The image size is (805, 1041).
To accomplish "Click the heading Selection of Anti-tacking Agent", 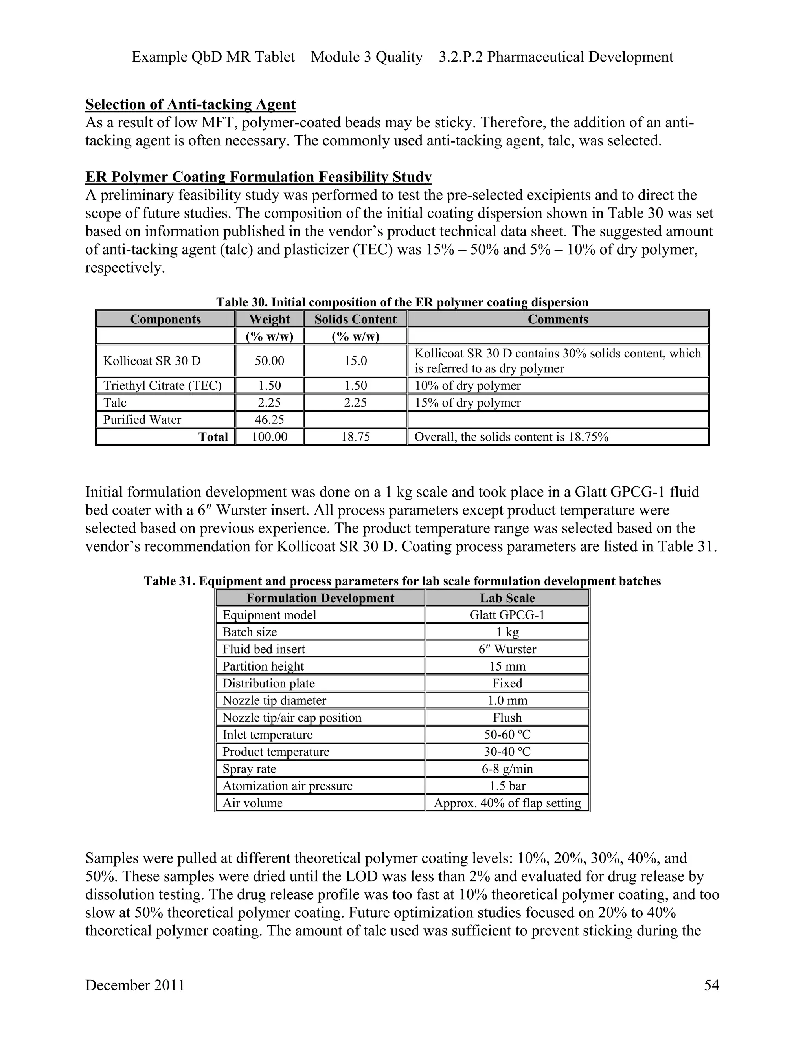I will [x=190, y=104].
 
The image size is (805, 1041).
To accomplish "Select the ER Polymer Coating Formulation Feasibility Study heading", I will [x=258, y=177].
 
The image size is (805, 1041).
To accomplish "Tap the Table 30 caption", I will [x=402, y=302].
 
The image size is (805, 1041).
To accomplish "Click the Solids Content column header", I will [x=355, y=319].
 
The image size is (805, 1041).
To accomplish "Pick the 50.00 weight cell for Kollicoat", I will [x=269, y=361].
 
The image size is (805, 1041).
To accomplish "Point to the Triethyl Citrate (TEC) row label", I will [x=162, y=386].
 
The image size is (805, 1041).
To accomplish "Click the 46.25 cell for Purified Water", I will [x=269, y=420].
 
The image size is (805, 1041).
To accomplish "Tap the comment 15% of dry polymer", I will [x=467, y=403].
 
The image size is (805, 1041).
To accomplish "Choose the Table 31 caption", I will [x=402, y=581].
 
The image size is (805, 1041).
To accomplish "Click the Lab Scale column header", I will [x=507, y=598].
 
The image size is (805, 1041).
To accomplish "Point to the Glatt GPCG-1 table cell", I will [x=507, y=615].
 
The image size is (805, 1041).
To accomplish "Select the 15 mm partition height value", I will [x=507, y=666].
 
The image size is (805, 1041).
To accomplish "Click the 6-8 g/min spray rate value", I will [x=507, y=769].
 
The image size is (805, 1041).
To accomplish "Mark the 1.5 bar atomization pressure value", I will [x=507, y=786].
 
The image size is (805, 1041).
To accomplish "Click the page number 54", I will [x=711, y=985].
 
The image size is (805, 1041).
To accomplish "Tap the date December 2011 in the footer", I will [x=135, y=985].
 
